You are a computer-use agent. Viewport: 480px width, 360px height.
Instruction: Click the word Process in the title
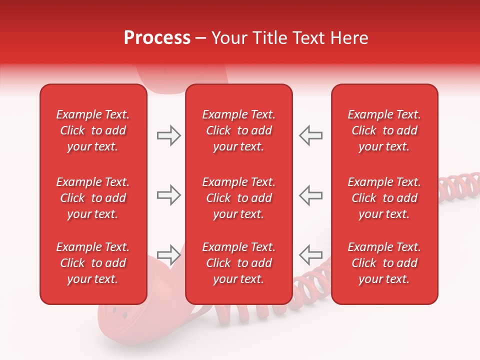(x=157, y=38)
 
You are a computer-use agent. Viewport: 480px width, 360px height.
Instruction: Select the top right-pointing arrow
(x=169, y=135)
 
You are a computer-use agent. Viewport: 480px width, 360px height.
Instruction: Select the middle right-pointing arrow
(x=169, y=195)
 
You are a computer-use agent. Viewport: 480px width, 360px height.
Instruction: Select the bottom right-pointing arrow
(x=169, y=254)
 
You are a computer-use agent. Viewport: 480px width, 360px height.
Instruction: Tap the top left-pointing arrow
(x=310, y=135)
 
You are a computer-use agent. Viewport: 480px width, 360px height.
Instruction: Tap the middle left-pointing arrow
(x=310, y=195)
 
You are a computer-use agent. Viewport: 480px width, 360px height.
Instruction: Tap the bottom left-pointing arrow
(x=310, y=254)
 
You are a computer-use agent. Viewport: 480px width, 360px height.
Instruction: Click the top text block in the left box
(x=93, y=130)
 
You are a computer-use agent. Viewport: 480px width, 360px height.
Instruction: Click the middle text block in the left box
(x=93, y=198)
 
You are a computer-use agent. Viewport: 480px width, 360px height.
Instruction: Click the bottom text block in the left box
(x=93, y=263)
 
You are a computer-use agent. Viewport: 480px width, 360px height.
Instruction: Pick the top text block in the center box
(x=238, y=130)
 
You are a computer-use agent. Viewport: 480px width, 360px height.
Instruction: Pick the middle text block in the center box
(x=238, y=198)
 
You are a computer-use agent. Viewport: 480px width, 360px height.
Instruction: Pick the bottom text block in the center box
(x=238, y=263)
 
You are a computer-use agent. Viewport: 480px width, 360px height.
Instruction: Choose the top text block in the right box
(x=384, y=130)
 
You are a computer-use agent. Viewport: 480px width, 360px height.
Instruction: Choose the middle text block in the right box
(x=384, y=198)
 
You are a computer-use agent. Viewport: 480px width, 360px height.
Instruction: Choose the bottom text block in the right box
(x=384, y=263)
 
